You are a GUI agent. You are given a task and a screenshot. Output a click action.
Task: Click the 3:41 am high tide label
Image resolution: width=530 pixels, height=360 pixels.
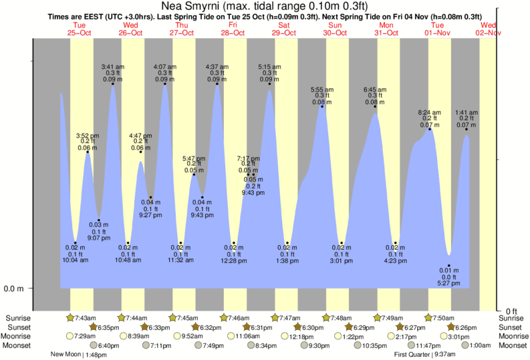[112, 67]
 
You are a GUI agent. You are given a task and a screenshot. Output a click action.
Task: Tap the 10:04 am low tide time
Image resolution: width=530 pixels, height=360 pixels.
[76, 259]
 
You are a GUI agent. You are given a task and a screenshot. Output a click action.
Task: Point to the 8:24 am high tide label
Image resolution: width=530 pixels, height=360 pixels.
[430, 112]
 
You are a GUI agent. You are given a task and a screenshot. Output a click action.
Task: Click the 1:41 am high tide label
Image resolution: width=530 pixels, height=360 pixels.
[466, 112]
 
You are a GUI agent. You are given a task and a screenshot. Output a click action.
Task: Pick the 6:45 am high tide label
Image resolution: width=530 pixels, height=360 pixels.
[375, 89]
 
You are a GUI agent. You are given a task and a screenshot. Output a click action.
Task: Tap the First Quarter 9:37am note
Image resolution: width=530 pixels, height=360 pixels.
[425, 355]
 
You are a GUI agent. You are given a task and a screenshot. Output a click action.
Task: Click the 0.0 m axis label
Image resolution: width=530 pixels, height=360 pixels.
[14, 289]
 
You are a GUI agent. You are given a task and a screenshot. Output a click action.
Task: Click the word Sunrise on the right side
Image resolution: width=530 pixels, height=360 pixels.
[512, 318]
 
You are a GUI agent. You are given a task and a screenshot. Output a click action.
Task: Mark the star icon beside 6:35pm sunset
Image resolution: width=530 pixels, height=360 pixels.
[94, 327]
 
